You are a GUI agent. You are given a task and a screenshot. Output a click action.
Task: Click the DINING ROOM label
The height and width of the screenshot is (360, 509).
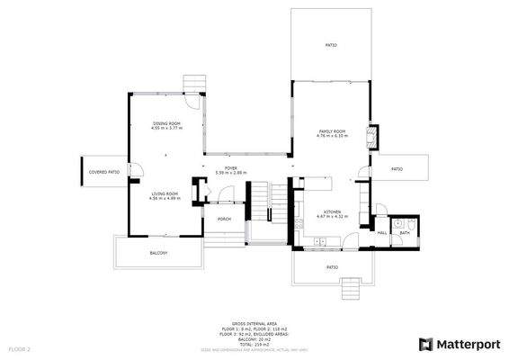tap(166, 123)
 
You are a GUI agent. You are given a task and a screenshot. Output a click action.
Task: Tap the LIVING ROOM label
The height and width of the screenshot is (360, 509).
tap(164, 193)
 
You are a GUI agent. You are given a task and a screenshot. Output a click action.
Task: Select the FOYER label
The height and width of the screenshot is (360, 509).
tap(230, 168)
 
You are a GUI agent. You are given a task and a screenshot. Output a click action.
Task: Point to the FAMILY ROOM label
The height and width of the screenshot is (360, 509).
tap(332, 132)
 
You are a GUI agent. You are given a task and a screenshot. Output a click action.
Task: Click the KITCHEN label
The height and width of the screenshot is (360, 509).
tap(332, 212)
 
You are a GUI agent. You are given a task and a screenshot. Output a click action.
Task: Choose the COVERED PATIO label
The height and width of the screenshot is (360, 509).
tap(103, 171)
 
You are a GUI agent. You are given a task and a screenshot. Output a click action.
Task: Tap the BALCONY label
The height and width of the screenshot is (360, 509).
tap(158, 253)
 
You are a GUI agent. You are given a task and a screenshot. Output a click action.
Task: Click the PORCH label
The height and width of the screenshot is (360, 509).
tap(224, 219)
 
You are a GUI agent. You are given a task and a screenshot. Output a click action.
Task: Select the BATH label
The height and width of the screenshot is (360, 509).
tap(405, 232)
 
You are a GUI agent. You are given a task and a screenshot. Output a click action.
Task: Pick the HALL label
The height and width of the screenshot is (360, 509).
tap(381, 232)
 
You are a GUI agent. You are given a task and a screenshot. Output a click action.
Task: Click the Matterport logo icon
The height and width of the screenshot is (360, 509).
tap(424, 344)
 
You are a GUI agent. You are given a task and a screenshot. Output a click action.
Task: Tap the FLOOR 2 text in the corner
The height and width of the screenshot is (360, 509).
tap(20, 347)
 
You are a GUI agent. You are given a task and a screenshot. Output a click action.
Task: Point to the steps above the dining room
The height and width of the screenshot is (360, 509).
tap(193, 84)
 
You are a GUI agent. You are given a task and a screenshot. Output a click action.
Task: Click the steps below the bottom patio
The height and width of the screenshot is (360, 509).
tap(349, 288)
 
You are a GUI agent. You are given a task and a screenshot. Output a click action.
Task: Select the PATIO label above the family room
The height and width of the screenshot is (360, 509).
tap(330, 45)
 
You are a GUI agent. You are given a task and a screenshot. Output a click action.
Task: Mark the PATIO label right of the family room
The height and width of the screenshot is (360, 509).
tap(397, 168)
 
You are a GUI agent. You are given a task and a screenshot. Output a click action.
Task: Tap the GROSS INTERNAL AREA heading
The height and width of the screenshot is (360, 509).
tap(254, 321)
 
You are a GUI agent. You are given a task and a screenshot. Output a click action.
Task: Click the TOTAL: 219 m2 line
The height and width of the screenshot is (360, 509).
tap(254, 344)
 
